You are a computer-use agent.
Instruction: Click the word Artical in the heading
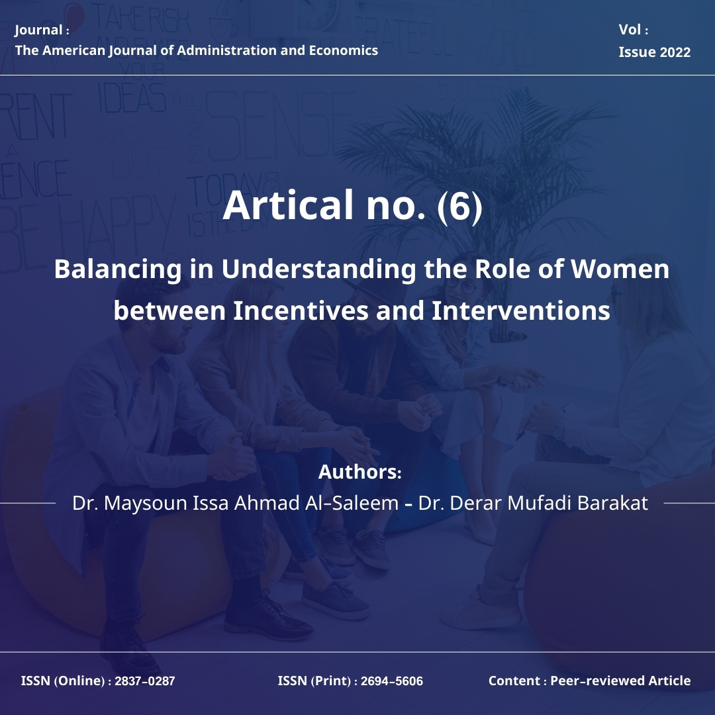coord(288,205)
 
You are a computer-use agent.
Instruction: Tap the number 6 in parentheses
coord(459,206)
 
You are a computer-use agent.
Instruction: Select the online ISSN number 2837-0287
coord(144,681)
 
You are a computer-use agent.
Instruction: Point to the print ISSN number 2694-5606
coord(392,681)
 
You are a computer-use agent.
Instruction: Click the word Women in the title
coord(620,269)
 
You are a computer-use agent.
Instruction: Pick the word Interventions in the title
coord(521,310)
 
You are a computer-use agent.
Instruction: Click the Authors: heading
coord(359,472)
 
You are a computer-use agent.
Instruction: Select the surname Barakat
coord(612,503)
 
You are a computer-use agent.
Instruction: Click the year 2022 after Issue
coord(675,52)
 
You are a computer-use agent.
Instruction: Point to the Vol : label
coord(634,30)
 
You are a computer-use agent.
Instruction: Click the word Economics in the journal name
coord(344,50)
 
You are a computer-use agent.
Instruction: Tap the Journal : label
coord(42,30)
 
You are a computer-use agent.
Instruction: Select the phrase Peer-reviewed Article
coord(620,681)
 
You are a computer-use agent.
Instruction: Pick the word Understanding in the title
coord(318,269)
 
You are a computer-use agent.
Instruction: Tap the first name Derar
coord(477,503)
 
